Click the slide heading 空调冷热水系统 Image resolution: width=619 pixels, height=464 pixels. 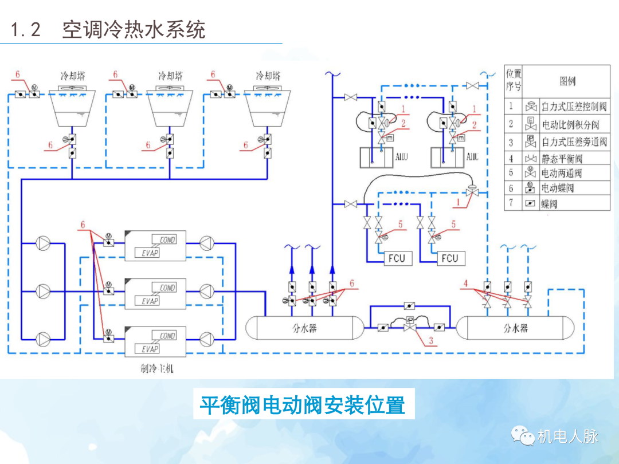pos(133,30)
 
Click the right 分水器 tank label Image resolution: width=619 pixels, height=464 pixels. pos(515,328)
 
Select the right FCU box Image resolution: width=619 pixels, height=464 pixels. pos(450,258)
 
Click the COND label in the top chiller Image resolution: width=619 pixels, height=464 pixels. pos(167,239)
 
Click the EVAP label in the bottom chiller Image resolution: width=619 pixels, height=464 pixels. pos(150,349)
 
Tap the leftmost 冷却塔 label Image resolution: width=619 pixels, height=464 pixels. pos(74,76)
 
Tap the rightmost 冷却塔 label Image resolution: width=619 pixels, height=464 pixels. pos(268,76)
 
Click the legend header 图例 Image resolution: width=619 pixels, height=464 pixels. pos(567,81)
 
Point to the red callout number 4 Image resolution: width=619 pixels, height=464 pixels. pos(466,283)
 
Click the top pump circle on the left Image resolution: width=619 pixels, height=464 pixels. pos(44,243)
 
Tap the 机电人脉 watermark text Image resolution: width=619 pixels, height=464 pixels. pos(567,437)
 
